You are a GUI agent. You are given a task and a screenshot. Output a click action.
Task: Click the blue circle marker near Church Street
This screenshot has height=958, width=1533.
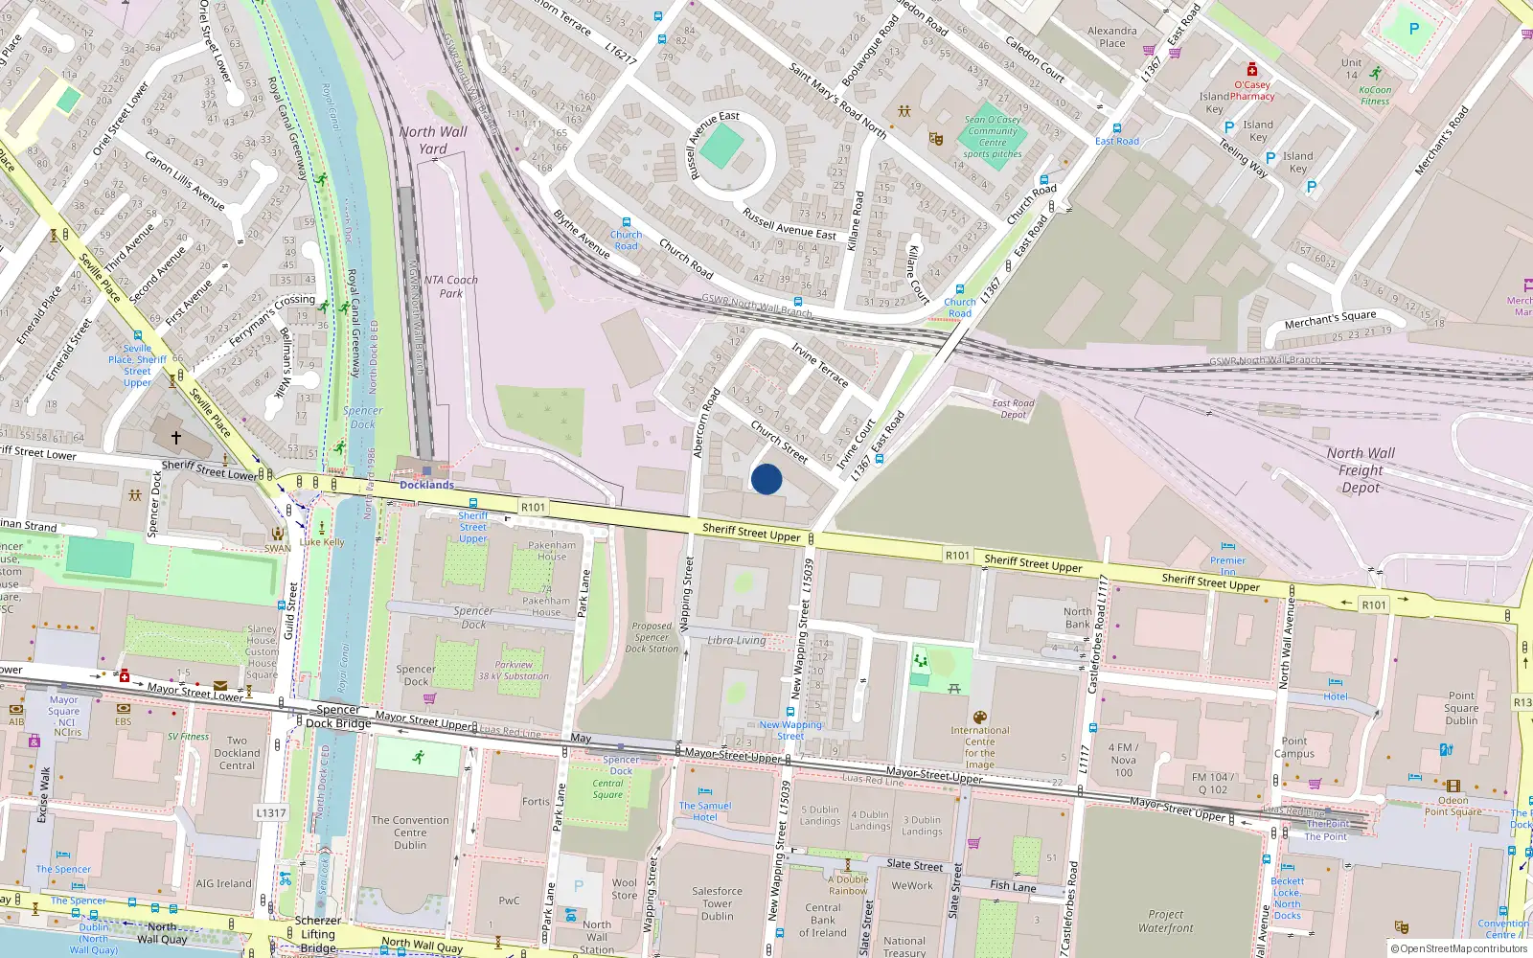[x=766, y=479]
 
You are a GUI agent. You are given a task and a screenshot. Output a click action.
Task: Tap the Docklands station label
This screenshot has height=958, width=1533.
[x=426, y=485]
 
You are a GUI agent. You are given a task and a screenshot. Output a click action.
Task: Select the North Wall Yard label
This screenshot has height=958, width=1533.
[x=433, y=140]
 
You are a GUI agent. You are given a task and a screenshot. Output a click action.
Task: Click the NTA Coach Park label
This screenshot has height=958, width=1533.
[x=450, y=286]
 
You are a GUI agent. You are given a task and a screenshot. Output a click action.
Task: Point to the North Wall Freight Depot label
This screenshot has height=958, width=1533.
[x=1361, y=469]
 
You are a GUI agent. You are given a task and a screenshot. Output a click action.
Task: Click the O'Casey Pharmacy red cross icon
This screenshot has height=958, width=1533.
[x=1252, y=70]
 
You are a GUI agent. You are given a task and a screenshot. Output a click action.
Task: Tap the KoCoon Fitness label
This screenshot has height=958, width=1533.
[x=1375, y=96]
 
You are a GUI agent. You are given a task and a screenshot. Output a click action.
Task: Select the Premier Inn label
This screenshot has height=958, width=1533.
[x=1227, y=565]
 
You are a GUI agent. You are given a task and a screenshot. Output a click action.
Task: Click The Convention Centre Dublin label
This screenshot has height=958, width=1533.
[x=410, y=833]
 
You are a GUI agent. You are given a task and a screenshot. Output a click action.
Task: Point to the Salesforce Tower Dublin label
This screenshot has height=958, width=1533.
[x=717, y=903]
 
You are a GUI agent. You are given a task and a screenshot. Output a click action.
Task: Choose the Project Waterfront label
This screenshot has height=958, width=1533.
[x=1166, y=921]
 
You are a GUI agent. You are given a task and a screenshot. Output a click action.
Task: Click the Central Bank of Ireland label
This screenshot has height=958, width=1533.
[x=823, y=920]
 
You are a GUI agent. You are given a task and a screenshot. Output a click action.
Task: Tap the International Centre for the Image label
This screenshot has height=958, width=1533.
[x=979, y=747]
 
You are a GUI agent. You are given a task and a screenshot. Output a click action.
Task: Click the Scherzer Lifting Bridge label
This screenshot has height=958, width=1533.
[x=318, y=934]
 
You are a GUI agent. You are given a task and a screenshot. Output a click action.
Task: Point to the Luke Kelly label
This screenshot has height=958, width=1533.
[x=322, y=542]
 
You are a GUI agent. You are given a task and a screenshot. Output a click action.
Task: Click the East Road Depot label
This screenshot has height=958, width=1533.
[x=1013, y=409]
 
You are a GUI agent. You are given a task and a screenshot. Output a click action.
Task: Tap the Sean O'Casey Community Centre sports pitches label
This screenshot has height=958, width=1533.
[x=993, y=137]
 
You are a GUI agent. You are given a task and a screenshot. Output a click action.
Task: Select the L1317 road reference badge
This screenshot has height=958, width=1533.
[x=270, y=813]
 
